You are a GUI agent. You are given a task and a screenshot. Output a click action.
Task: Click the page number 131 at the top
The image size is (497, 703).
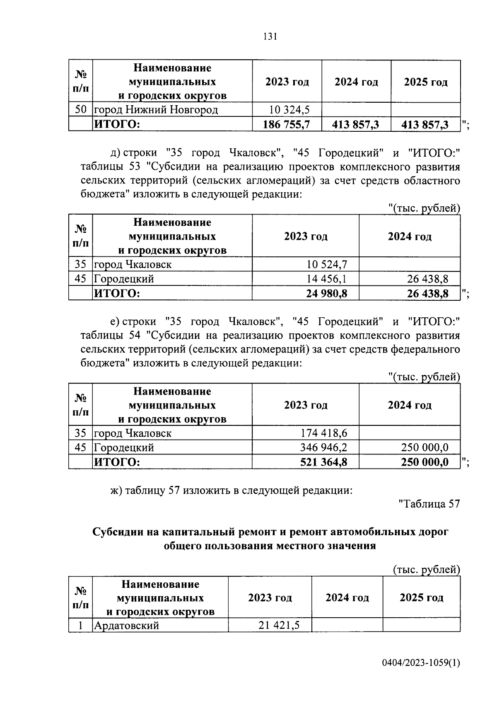[x=270, y=37]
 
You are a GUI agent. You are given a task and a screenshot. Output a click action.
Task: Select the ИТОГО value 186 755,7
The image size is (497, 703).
[x=287, y=124]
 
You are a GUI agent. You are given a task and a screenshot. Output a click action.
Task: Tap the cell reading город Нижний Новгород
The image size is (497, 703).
[x=156, y=110]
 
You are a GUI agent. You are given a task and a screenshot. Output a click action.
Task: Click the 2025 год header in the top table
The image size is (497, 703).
[x=425, y=82]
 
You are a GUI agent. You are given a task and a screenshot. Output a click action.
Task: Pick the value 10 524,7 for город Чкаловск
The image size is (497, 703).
[x=327, y=264]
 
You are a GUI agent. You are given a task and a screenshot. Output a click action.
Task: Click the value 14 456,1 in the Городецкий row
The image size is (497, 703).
[x=327, y=279]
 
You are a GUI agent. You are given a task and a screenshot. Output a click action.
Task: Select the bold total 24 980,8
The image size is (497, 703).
[x=327, y=293]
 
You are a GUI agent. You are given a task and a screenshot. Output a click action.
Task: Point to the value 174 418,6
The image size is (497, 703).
[x=323, y=433]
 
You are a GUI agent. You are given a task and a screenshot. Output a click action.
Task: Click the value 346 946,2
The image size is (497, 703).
[x=323, y=447]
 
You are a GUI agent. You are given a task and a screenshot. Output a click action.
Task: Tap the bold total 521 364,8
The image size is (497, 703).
[x=323, y=462]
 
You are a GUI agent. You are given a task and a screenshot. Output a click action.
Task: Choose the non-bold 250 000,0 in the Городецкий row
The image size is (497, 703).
[x=425, y=447]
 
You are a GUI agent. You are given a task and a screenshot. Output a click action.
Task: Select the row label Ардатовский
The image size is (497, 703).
[x=126, y=625]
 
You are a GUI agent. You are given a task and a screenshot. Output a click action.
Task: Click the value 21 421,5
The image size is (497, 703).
[x=279, y=625]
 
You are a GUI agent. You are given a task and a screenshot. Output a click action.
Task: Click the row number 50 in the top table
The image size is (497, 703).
[x=80, y=110]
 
